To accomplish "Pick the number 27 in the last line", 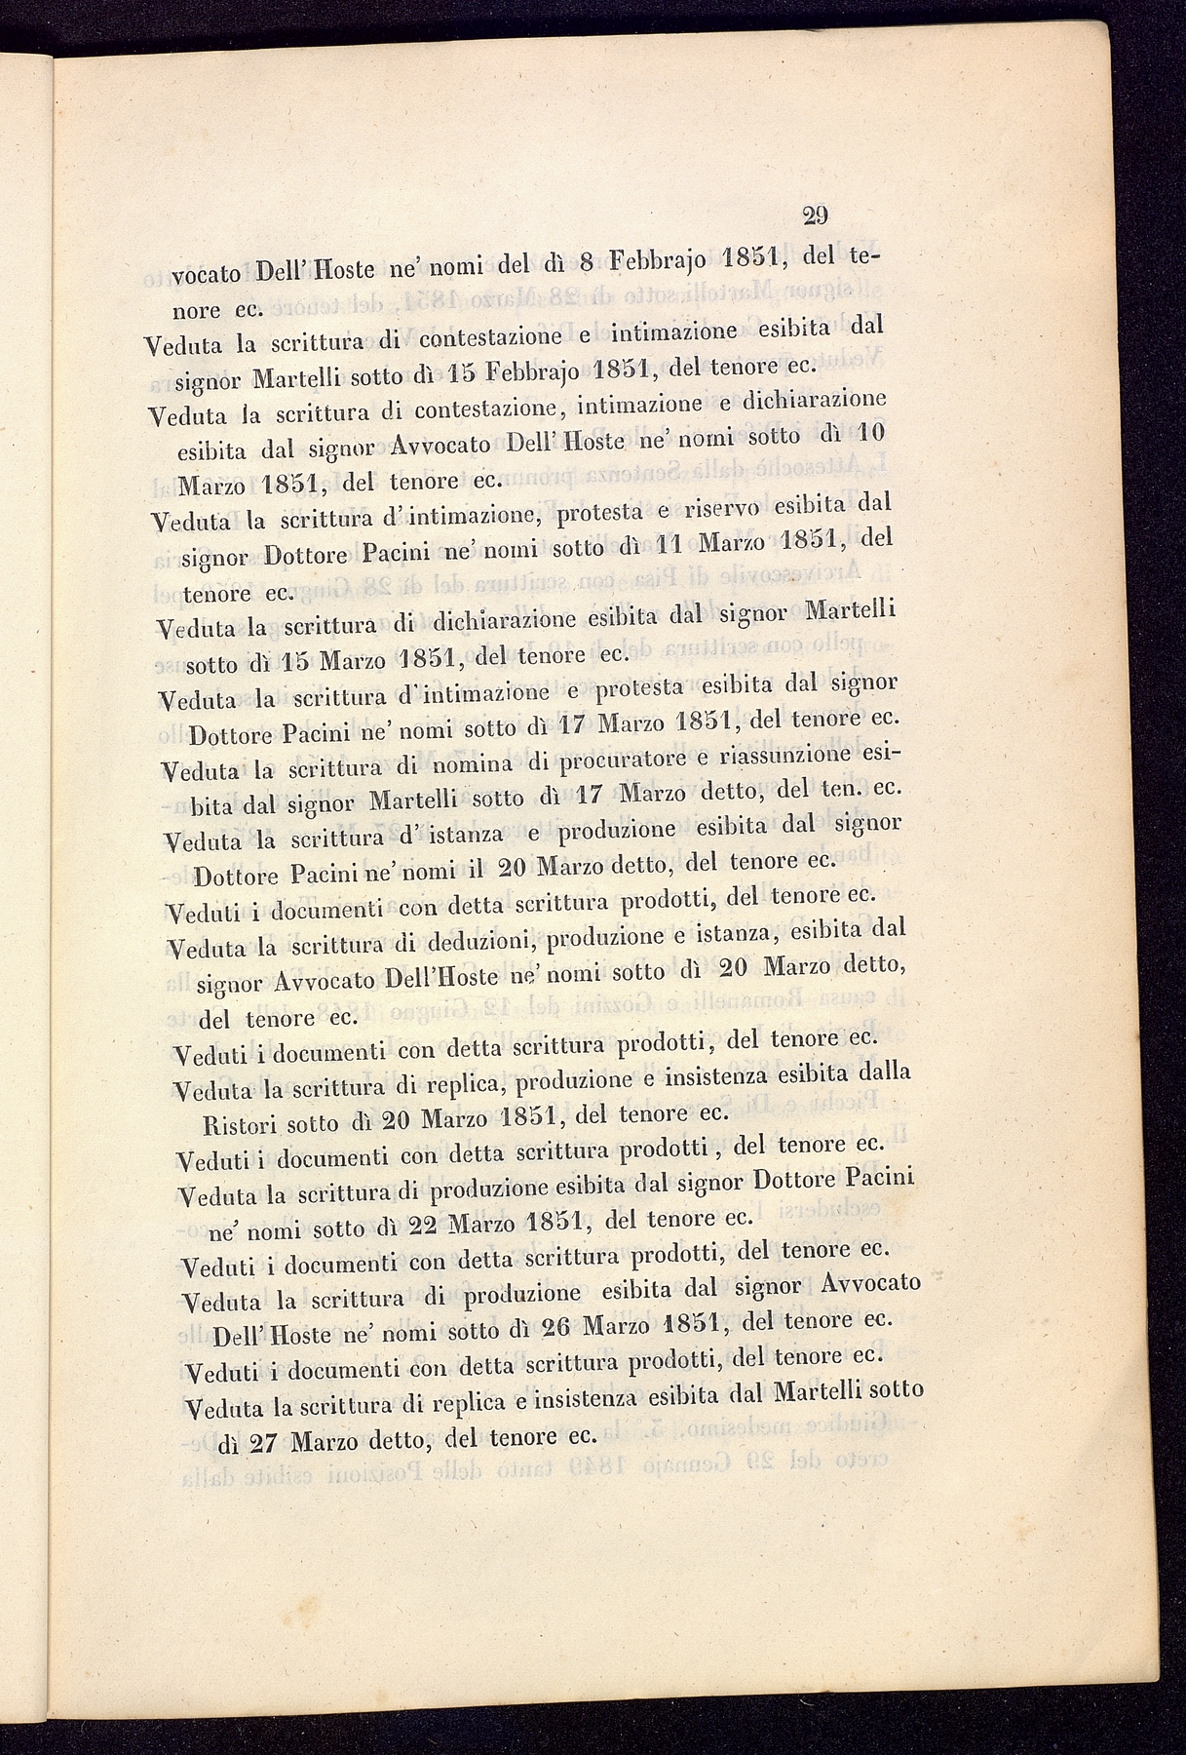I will click(x=262, y=1444).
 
